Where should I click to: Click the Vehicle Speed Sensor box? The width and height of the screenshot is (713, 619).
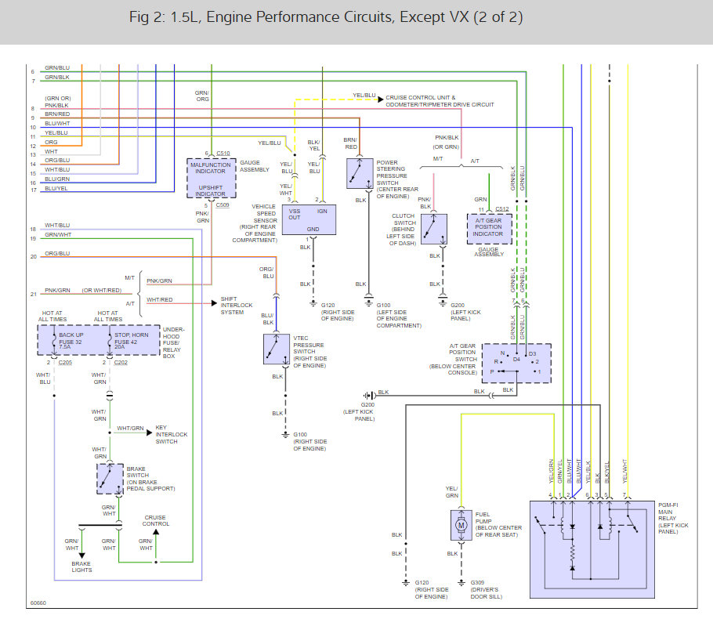tap(309, 219)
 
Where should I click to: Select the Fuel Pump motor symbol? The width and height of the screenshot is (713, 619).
tap(461, 525)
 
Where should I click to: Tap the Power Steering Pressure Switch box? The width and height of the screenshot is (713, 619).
tap(360, 173)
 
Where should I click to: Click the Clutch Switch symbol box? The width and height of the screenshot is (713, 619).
tap(434, 230)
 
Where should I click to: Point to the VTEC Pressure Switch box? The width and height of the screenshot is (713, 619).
tap(277, 349)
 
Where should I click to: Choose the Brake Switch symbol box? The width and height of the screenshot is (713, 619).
tap(110, 479)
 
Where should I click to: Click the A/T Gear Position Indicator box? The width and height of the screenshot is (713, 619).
tap(489, 229)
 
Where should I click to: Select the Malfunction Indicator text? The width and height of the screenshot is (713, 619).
tap(211, 168)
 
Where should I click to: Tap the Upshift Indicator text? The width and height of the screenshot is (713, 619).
tap(211, 190)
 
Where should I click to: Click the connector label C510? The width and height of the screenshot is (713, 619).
tap(223, 154)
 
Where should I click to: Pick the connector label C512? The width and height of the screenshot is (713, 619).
tap(502, 209)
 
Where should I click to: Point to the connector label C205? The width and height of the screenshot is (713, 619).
tap(65, 363)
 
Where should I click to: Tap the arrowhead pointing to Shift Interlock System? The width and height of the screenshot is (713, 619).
tap(214, 303)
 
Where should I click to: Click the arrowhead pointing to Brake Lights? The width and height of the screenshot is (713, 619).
tap(81, 556)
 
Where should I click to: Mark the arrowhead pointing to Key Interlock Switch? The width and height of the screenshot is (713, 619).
tap(150, 432)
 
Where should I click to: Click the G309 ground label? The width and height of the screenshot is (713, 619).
tap(477, 583)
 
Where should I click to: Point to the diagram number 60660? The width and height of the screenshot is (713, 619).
tap(38, 603)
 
